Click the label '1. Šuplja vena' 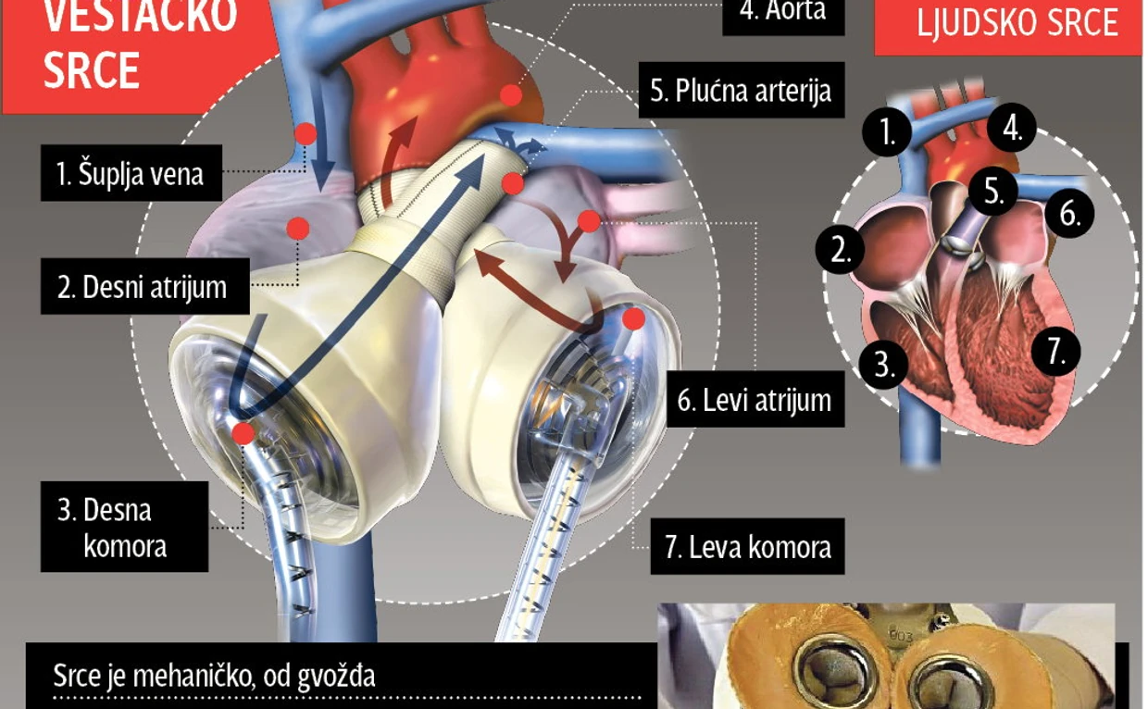pyautogui.click(x=131, y=173)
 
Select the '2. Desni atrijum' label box pyautogui.click(x=143, y=287)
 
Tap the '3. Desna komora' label pyautogui.click(x=124, y=527)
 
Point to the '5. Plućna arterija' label pyautogui.click(x=741, y=91)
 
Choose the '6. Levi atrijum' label pyautogui.click(x=755, y=400)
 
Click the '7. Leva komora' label pyautogui.click(x=747, y=547)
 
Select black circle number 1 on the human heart pyautogui.click(x=888, y=134)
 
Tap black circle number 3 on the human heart pyautogui.click(x=885, y=365)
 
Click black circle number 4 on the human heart pyautogui.click(x=1012, y=129)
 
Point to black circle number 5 pyautogui.click(x=993, y=193)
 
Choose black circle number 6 pyautogui.click(x=1070, y=214)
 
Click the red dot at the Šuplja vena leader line pyautogui.click(x=306, y=134)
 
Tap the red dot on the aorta pyautogui.click(x=510, y=94)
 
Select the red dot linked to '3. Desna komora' pyautogui.click(x=243, y=432)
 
